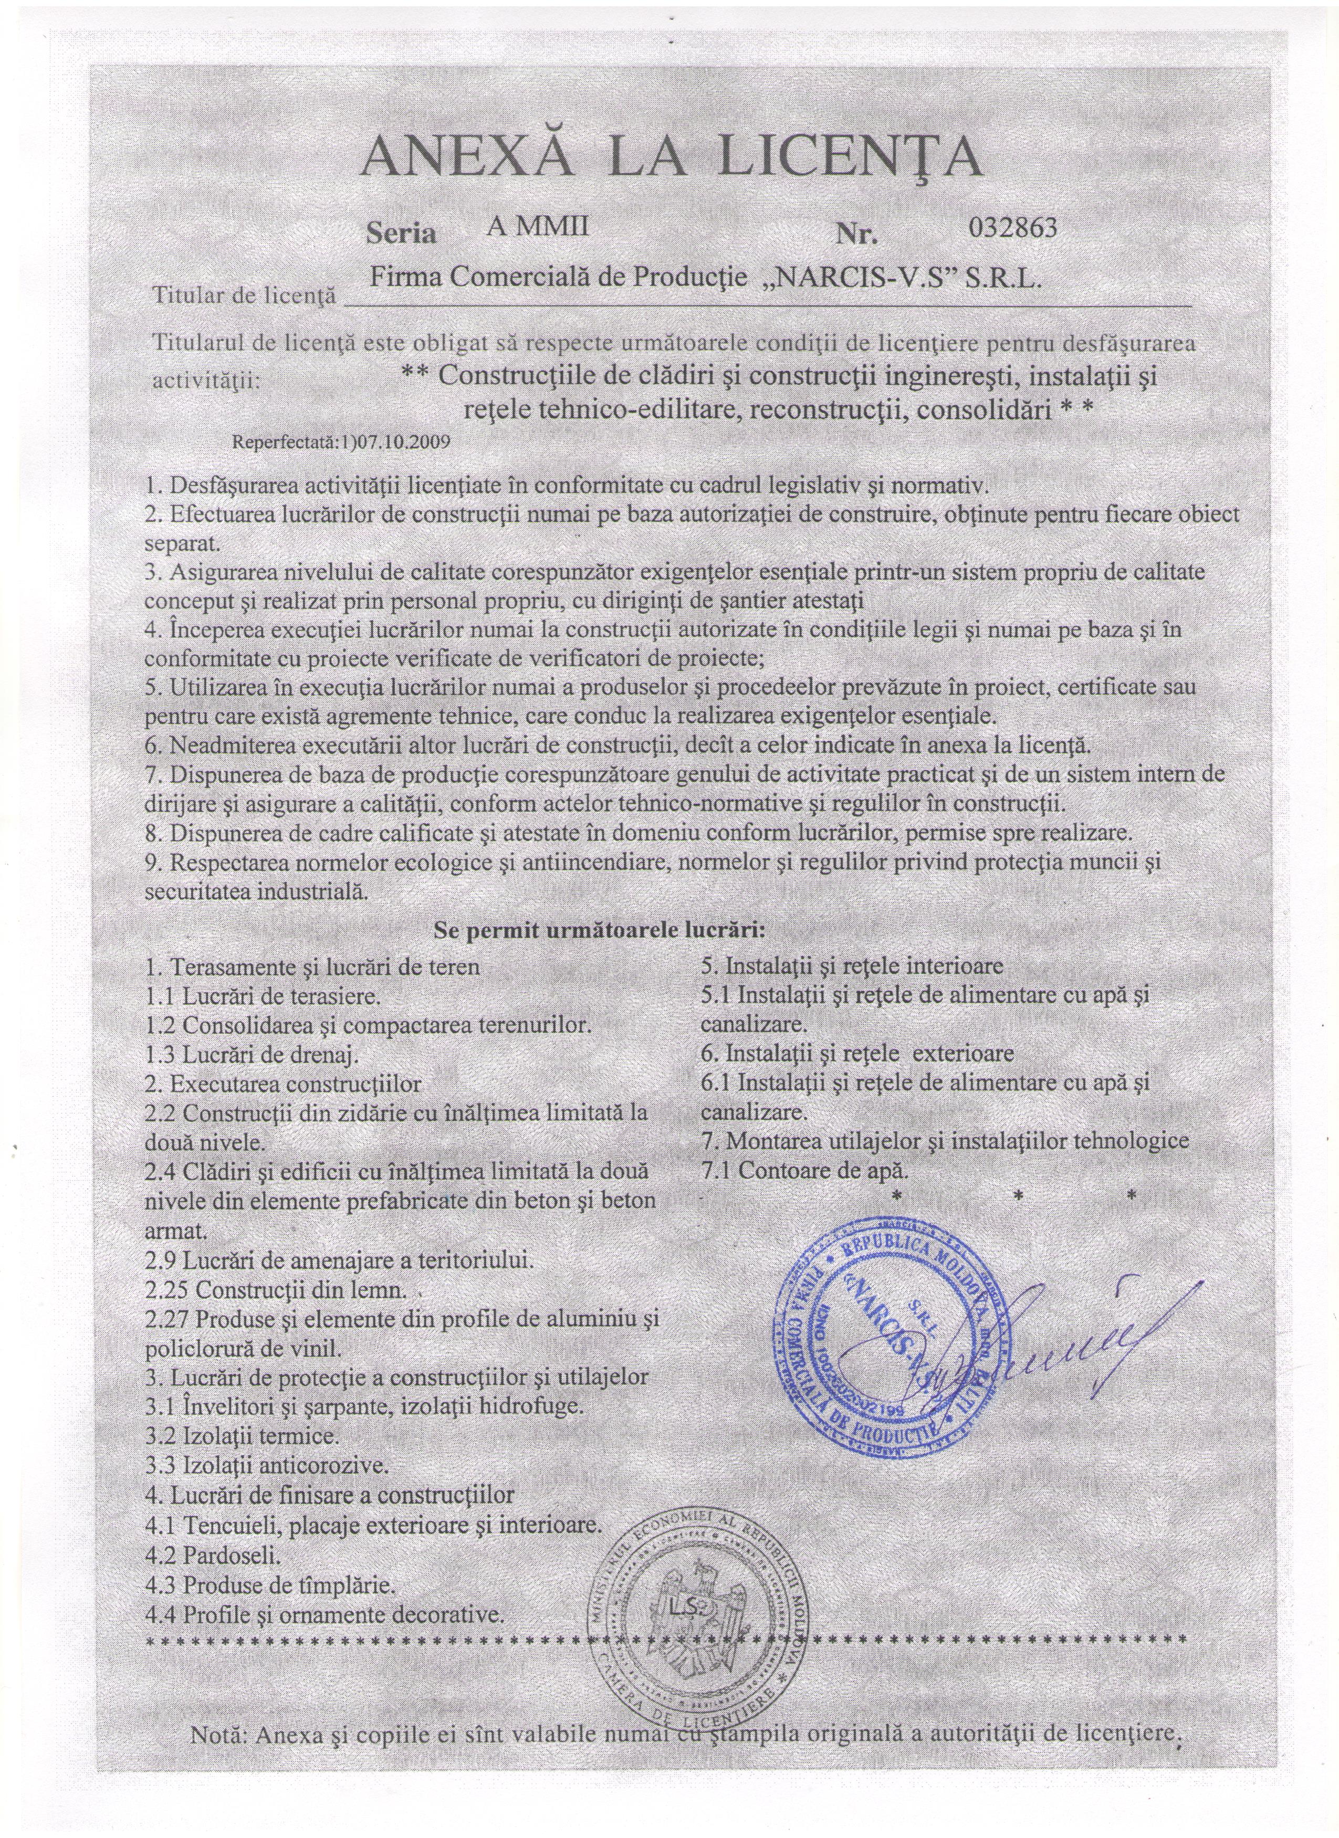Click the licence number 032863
1012,228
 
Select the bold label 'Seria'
402,234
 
